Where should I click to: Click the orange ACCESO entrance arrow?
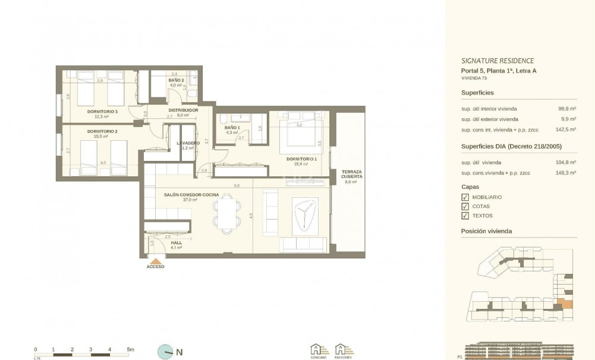pos(156,260)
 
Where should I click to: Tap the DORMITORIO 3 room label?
pos(102,112)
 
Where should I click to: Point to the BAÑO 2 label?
pos(175,80)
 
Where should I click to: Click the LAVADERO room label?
pos(188,143)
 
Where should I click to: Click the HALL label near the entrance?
pos(176,243)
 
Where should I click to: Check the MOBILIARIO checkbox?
pos(465,197)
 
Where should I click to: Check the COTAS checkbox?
pos(465,207)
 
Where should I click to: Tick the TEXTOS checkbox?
pos(465,216)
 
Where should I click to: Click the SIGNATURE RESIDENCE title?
pos(498,61)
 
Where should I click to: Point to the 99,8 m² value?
pos(567,109)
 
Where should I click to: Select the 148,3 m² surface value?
pos(566,173)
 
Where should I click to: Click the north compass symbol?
pos(165,352)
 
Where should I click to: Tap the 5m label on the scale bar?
pos(131,349)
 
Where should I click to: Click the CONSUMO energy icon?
pos(319,350)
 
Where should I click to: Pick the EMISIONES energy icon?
pos(341,350)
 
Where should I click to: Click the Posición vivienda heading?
pos(486,231)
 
